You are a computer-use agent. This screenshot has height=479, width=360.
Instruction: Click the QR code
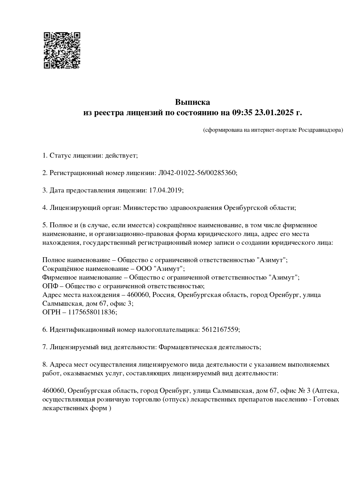pyautogui.click(x=62, y=50)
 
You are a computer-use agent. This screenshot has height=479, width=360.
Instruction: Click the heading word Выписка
pyautogui.click(x=192, y=102)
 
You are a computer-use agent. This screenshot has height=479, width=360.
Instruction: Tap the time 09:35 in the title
pyautogui.click(x=242, y=113)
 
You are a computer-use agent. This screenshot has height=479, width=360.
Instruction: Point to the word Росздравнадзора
pyautogui.click(x=321, y=130)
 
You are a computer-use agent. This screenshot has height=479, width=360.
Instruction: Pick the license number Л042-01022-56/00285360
pyautogui.click(x=197, y=173)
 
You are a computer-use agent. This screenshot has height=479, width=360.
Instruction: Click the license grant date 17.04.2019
pyautogui.click(x=165, y=190)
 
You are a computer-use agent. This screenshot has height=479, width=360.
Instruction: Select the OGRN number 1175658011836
pyautogui.click(x=92, y=312)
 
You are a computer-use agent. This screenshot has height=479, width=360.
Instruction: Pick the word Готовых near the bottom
pyautogui.click(x=327, y=399)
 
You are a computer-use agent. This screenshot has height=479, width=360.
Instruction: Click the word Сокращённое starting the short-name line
pyautogui.click(x=62, y=269)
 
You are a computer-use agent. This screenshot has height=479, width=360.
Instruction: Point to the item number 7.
pyautogui.click(x=44, y=347)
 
